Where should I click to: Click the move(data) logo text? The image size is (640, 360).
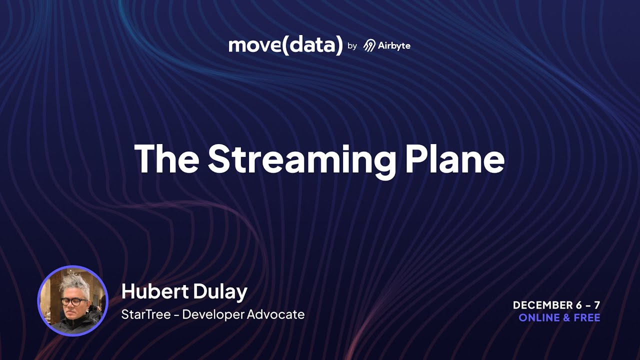point(285,45)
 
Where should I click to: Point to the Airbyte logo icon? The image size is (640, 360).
point(369,45)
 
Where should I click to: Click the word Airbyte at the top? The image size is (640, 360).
point(394,45)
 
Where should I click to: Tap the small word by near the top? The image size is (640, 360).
point(352,46)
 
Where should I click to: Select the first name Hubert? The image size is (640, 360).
point(152,291)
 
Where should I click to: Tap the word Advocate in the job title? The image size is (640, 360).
point(279,314)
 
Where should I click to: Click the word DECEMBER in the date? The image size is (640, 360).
point(542,305)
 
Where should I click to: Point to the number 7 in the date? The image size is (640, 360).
point(596,305)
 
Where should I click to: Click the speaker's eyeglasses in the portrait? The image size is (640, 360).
point(74,301)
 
